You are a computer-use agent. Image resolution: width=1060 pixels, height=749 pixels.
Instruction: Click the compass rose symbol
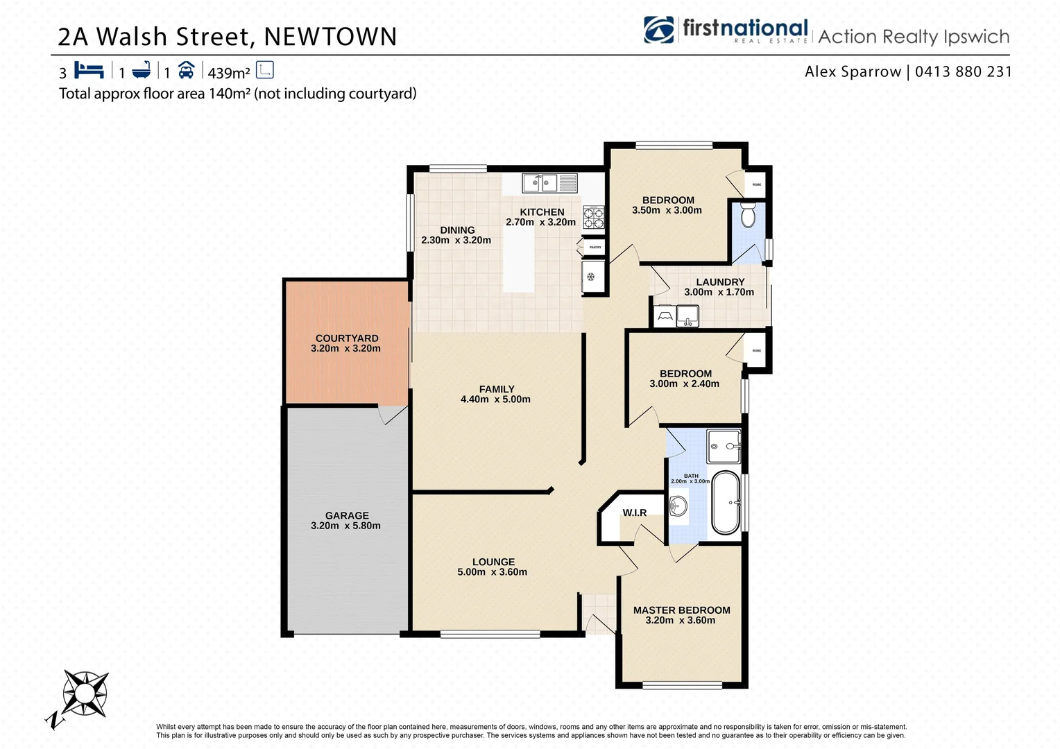[84, 693]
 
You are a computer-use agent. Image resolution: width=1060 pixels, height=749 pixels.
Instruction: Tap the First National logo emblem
[658, 30]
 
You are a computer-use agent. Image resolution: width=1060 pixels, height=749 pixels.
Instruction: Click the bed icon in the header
[89, 70]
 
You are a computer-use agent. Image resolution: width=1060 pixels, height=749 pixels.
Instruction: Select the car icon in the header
[186, 70]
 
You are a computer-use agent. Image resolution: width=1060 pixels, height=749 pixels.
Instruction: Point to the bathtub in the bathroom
[726, 503]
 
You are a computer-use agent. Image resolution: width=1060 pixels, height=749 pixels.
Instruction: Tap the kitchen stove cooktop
[594, 217]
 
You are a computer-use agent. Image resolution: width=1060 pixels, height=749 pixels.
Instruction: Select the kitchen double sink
[540, 183]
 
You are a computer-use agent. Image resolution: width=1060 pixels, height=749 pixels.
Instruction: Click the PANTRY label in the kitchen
[595, 247]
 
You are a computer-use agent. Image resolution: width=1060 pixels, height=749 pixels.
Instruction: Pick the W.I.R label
[634, 513]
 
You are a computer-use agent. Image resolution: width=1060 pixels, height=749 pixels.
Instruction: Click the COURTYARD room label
[347, 338]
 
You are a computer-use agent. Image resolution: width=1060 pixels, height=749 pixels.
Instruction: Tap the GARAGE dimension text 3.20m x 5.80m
[345, 526]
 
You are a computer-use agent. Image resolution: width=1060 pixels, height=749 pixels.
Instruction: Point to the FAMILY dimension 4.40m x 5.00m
[495, 399]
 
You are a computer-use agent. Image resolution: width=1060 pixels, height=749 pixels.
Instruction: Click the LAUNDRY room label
[720, 282]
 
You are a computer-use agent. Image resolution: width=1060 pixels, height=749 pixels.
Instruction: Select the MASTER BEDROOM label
[681, 610]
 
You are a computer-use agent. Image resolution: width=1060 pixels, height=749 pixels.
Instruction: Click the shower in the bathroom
[724, 447]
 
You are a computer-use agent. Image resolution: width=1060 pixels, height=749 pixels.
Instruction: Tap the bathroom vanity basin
[677, 507]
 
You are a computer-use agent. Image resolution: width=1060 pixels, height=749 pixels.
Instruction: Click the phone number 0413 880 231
[963, 71]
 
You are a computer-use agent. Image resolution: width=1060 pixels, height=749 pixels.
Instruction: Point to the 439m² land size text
[229, 72]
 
